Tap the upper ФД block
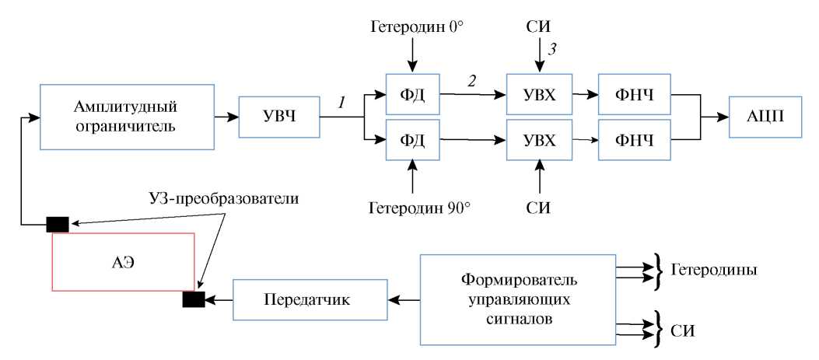pyautogui.click(x=411, y=96)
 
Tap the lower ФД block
pyautogui.click(x=411, y=141)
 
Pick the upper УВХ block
pyautogui.click(x=539, y=96)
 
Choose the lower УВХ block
pyautogui.click(x=539, y=141)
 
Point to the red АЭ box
pyautogui.click(x=123, y=261)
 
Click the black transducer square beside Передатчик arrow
pyautogui.click(x=193, y=299)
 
